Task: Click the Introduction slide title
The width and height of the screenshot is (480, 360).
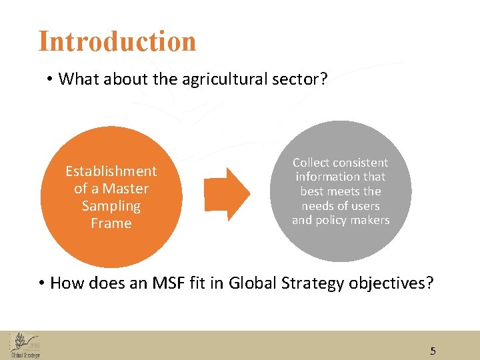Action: (117, 41)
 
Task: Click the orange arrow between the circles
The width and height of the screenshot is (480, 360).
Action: (227, 194)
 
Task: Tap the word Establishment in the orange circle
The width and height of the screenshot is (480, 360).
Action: (111, 171)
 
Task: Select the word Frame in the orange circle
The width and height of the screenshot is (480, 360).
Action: (111, 223)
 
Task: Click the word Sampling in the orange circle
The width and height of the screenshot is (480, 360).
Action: (111, 206)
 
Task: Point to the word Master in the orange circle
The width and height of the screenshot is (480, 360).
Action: (126, 189)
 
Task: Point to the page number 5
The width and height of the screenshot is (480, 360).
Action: (433, 351)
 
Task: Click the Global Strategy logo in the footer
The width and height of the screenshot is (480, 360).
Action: (25, 345)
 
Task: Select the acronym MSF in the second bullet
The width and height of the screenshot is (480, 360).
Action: (163, 283)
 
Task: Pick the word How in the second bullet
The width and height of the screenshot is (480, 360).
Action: (67, 283)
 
